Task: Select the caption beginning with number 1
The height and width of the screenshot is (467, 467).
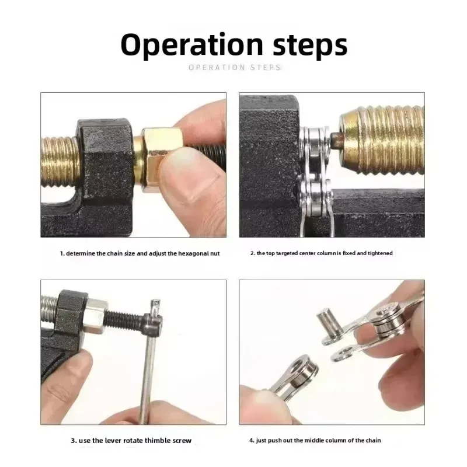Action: click(140, 254)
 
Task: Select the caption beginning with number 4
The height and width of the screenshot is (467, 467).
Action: click(315, 440)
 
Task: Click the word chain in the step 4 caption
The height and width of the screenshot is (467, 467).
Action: click(374, 440)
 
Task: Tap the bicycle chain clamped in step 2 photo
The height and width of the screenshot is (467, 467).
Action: click(315, 175)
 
